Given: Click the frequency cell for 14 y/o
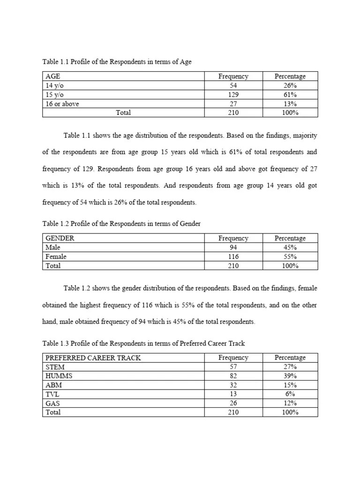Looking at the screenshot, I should (x=233, y=85).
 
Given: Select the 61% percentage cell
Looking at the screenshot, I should (x=290, y=95).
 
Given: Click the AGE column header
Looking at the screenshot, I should (x=53, y=76).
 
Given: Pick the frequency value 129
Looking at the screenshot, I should (x=233, y=95).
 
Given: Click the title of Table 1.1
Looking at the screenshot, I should (x=117, y=62).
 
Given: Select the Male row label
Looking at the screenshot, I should (x=53, y=247).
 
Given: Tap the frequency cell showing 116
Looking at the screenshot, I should (x=233, y=257).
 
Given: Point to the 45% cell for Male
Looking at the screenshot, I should (x=290, y=247).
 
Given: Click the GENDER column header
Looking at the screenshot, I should (x=60, y=238).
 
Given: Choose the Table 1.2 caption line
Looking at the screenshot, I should (x=121, y=224).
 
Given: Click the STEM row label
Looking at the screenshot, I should (x=54, y=367).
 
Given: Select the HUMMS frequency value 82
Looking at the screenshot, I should (x=233, y=376).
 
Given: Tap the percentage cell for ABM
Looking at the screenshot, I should (x=290, y=385).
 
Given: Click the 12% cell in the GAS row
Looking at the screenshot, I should (x=290, y=403).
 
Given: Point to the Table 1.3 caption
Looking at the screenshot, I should (x=143, y=344).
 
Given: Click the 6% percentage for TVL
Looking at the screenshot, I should (x=290, y=394).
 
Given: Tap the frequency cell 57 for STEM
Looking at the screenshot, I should (x=233, y=367).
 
